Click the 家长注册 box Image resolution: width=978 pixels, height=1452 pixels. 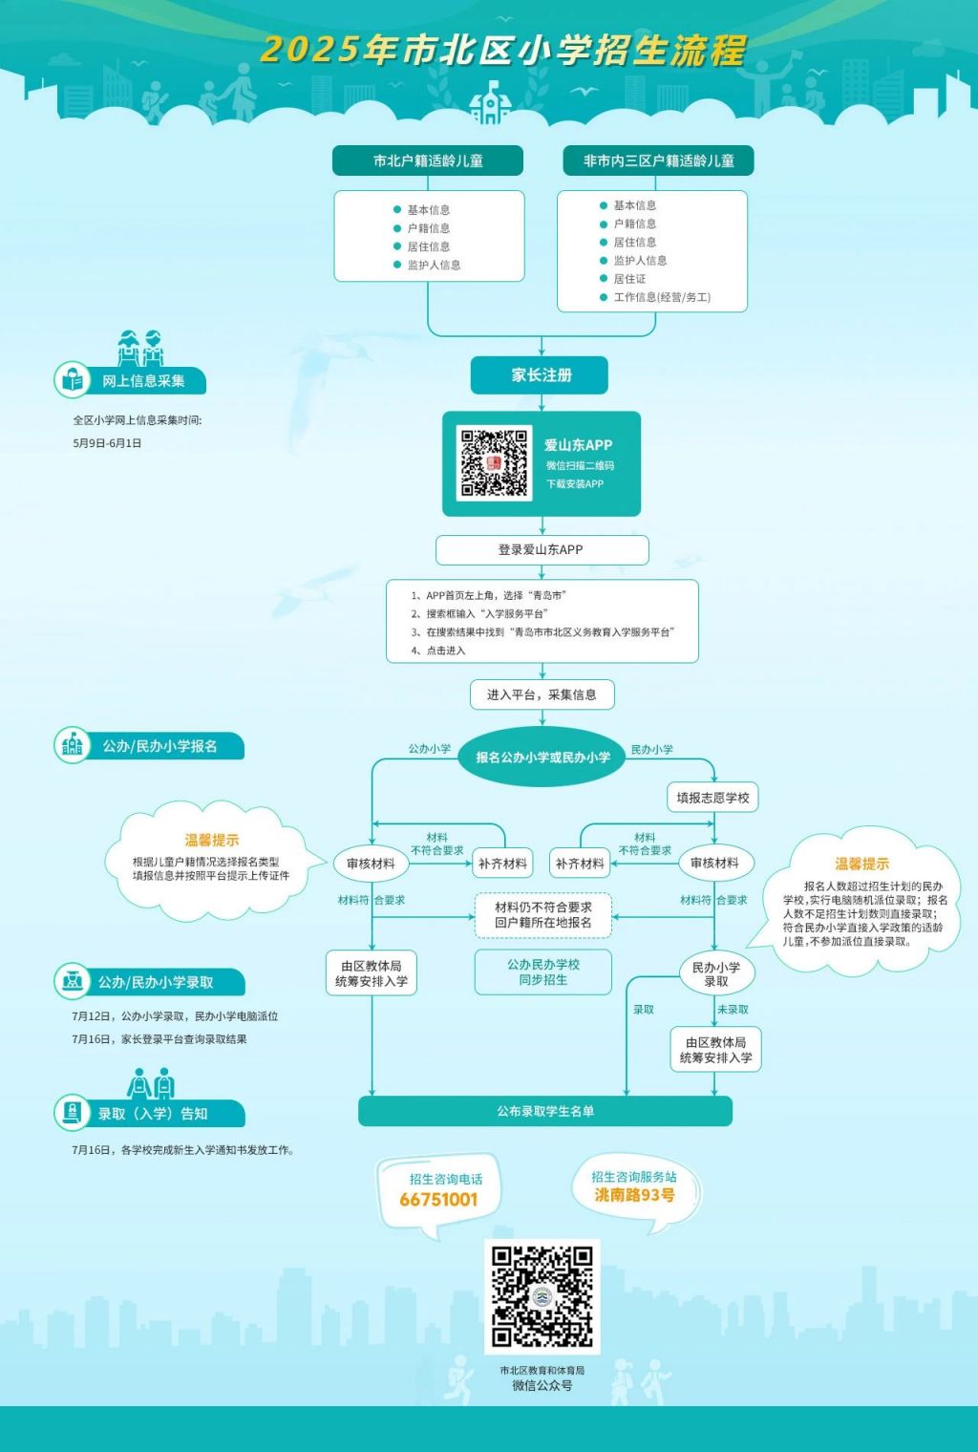pyautogui.click(x=540, y=375)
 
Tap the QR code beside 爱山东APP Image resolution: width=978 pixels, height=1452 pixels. pyautogui.click(x=494, y=462)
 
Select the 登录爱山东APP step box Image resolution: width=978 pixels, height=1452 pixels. pyautogui.click(x=542, y=549)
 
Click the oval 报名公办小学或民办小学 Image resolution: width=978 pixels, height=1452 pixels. pyautogui.click(x=542, y=758)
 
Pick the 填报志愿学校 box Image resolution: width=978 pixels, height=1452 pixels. pyautogui.click(x=712, y=798)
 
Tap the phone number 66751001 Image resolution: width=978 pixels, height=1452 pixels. pyautogui.click(x=438, y=1199)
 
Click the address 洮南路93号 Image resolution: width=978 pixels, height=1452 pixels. pyautogui.click(x=635, y=1194)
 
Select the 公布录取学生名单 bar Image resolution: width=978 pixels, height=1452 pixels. pyautogui.click(x=545, y=1111)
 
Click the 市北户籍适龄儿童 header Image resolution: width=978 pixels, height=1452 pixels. pyautogui.click(x=428, y=160)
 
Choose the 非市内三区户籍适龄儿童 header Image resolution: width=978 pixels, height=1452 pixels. pyautogui.click(x=658, y=160)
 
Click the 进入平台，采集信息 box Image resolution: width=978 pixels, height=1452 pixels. pyautogui.click(x=542, y=694)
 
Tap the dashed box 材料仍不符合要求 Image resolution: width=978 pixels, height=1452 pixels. pyautogui.click(x=543, y=914)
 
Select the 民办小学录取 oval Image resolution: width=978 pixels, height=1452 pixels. pyautogui.click(x=716, y=974)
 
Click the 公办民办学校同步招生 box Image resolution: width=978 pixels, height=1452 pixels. pyautogui.click(x=543, y=972)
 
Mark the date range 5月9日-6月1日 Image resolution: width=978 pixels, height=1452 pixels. pyautogui.click(x=107, y=443)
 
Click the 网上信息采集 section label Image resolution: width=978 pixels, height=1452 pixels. pyautogui.click(x=143, y=381)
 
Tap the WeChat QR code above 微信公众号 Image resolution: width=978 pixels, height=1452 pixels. pyautogui.click(x=542, y=1296)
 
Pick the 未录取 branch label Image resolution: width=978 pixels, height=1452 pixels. pyautogui.click(x=733, y=1010)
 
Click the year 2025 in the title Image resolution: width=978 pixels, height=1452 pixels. pyautogui.click(x=309, y=50)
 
